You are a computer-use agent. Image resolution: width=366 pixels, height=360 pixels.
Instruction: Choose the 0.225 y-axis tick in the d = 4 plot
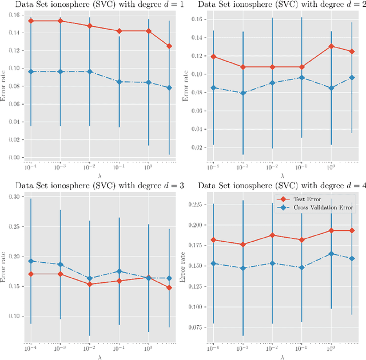pos(194,205)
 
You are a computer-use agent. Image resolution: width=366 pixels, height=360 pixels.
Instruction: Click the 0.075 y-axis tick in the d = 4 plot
pos(194,327)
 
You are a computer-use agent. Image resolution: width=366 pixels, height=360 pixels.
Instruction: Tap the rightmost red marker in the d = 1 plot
pos(169,46)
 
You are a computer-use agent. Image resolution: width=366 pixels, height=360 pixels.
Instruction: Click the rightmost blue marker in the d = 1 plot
pos(169,87)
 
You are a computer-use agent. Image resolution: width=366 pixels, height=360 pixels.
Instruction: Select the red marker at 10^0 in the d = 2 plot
pos(331,46)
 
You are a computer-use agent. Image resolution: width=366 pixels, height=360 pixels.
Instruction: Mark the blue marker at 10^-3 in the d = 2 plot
pos(242,93)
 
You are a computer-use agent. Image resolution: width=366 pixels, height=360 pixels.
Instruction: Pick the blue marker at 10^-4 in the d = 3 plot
pos(31,261)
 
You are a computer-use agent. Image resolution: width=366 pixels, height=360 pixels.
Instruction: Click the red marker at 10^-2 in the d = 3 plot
pos(90,284)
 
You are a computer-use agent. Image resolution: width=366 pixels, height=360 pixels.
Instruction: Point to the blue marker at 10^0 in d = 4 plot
pos(331,254)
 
